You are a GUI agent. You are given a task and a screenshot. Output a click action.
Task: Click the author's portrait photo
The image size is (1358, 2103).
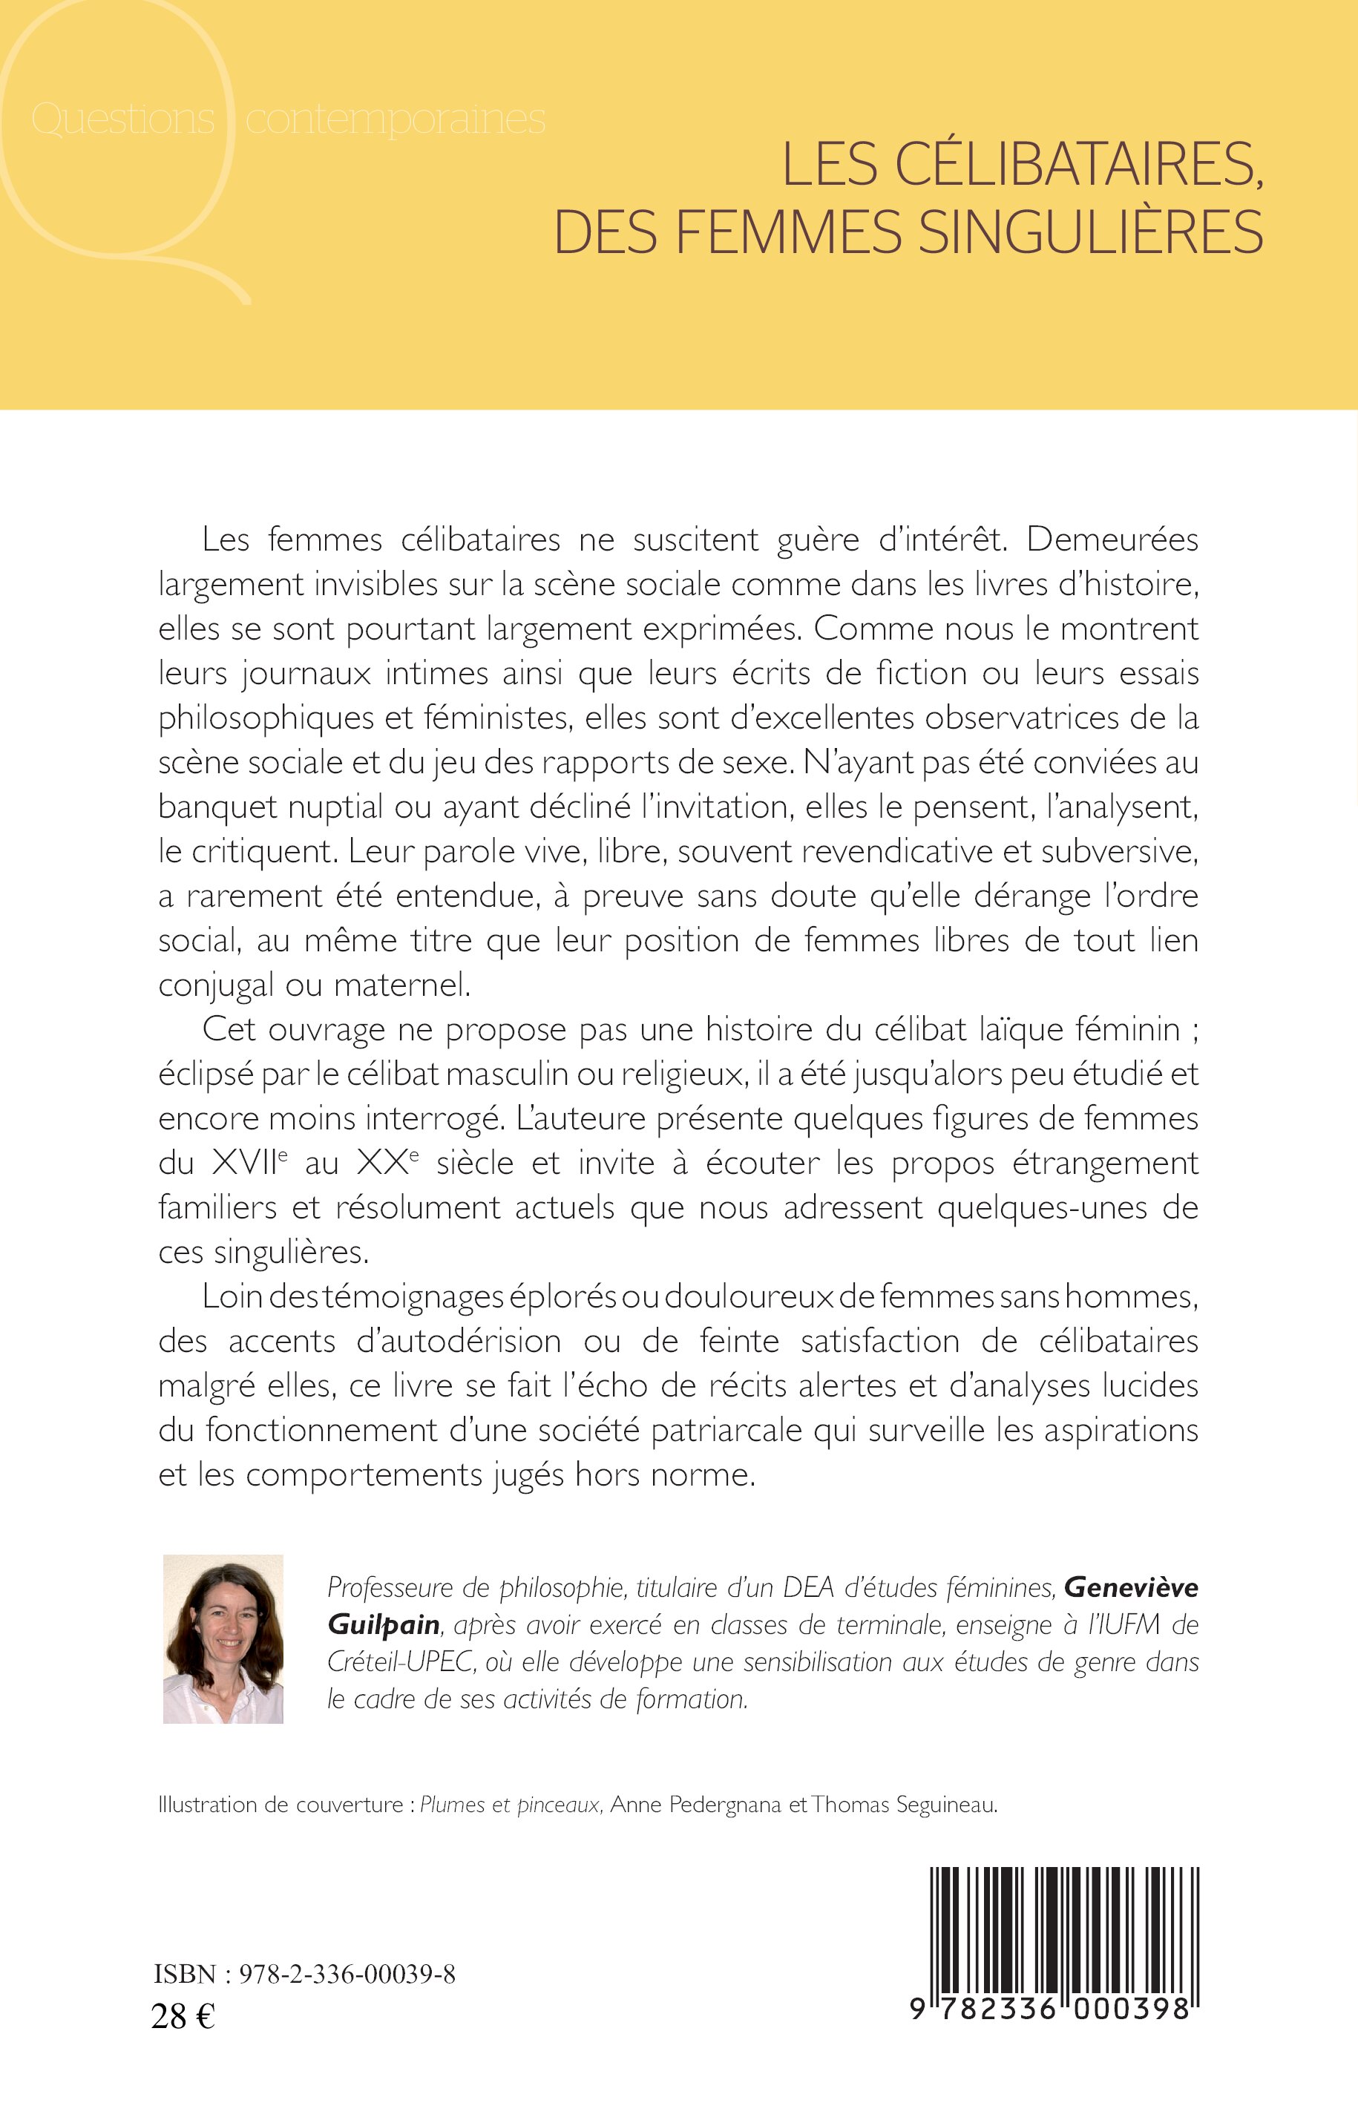pyautogui.click(x=223, y=1639)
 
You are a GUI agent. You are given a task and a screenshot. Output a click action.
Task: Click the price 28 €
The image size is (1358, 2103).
pyautogui.click(x=183, y=2015)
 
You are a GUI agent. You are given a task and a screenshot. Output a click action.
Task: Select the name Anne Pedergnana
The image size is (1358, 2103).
pyautogui.click(x=696, y=1805)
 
